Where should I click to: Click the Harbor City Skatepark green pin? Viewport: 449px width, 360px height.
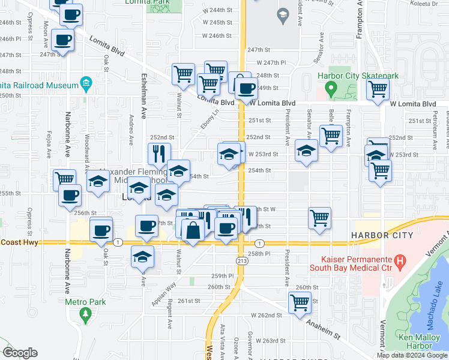[x=330, y=89]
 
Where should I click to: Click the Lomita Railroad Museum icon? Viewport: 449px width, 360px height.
[x=86, y=83]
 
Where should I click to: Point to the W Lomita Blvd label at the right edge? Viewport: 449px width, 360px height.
[x=412, y=104]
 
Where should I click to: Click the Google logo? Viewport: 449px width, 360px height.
[x=20, y=353]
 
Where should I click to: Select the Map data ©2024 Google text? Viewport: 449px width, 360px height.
[x=412, y=355]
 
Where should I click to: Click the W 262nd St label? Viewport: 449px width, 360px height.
[x=266, y=315]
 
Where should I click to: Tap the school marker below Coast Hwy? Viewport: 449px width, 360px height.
[x=143, y=256]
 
